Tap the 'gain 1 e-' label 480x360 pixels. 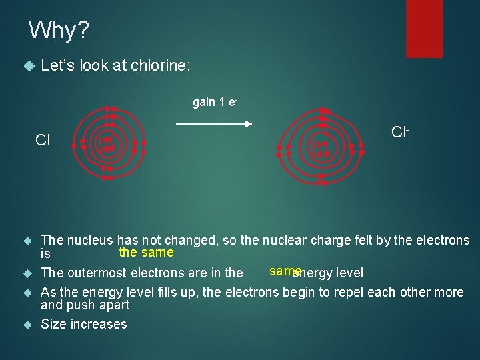pos(215,102)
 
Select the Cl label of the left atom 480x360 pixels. pos(43,140)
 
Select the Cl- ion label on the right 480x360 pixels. pos(400,132)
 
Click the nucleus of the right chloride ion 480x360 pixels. pos(321,148)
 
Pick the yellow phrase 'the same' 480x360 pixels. pos(146,252)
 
